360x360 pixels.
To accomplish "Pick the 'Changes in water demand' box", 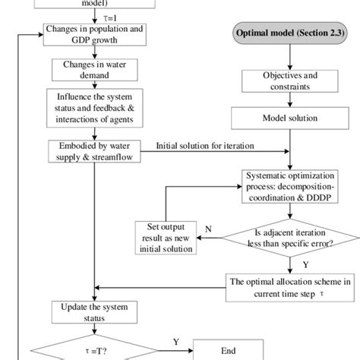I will [93, 69].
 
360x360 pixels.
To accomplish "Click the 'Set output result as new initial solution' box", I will [166, 236].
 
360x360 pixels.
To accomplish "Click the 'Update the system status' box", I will [93, 314].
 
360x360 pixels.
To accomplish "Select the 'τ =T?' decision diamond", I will [93, 351].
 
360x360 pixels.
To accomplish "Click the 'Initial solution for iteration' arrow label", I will [206, 144].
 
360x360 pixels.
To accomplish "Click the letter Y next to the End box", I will [176, 341].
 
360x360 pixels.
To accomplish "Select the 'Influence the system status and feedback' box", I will [93, 108].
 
